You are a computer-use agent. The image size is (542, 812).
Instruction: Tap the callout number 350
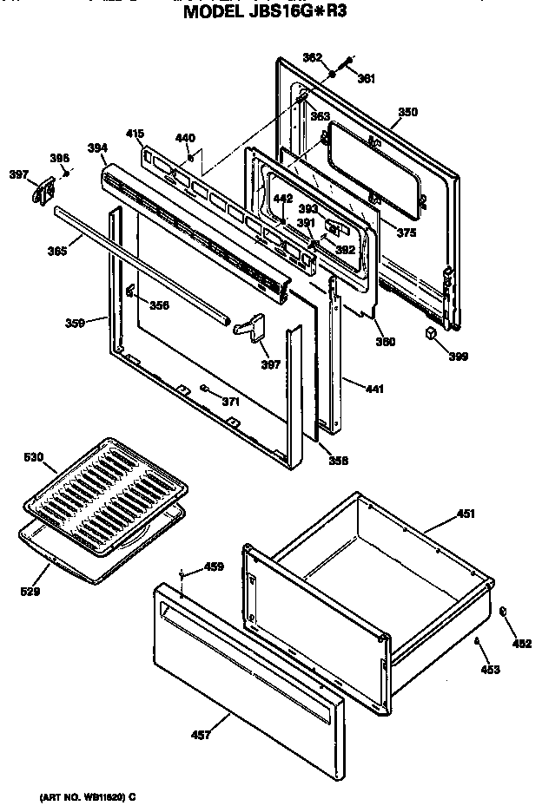pyautogui.click(x=407, y=112)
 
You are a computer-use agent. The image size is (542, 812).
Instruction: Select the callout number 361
pyautogui.click(x=367, y=79)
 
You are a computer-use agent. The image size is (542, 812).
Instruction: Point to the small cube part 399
pyautogui.click(x=432, y=333)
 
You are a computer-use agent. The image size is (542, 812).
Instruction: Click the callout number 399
pyautogui.click(x=457, y=356)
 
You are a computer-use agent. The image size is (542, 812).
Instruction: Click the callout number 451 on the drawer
pyautogui.click(x=466, y=514)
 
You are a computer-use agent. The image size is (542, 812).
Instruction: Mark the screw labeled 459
pyautogui.click(x=181, y=574)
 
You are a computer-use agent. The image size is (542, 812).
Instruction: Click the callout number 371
pyautogui.click(x=230, y=401)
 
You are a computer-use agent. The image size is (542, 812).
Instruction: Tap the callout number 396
pyautogui.click(x=58, y=158)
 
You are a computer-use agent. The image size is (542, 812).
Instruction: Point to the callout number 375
pyautogui.click(x=406, y=232)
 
